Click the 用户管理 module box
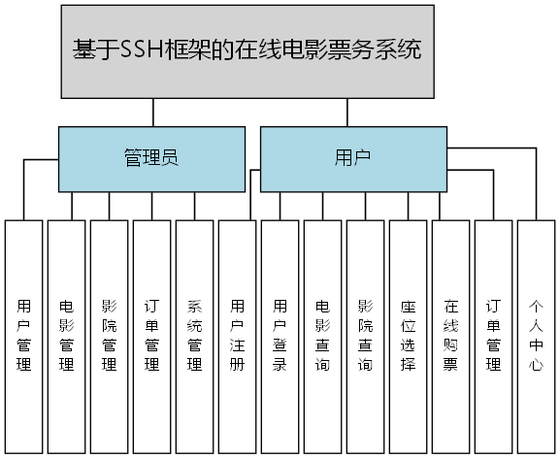(23, 336)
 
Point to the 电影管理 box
(66, 336)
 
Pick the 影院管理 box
(109, 336)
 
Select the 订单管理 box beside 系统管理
(151, 336)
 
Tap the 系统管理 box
(194, 336)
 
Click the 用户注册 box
(237, 336)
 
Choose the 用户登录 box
(280, 336)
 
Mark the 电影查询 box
(322, 336)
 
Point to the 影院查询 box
(365, 336)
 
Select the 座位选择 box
(408, 336)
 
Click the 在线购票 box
(450, 336)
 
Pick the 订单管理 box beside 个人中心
(493, 336)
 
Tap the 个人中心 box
(537, 336)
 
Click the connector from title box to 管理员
(153, 112)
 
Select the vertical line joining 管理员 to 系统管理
(195, 206)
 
